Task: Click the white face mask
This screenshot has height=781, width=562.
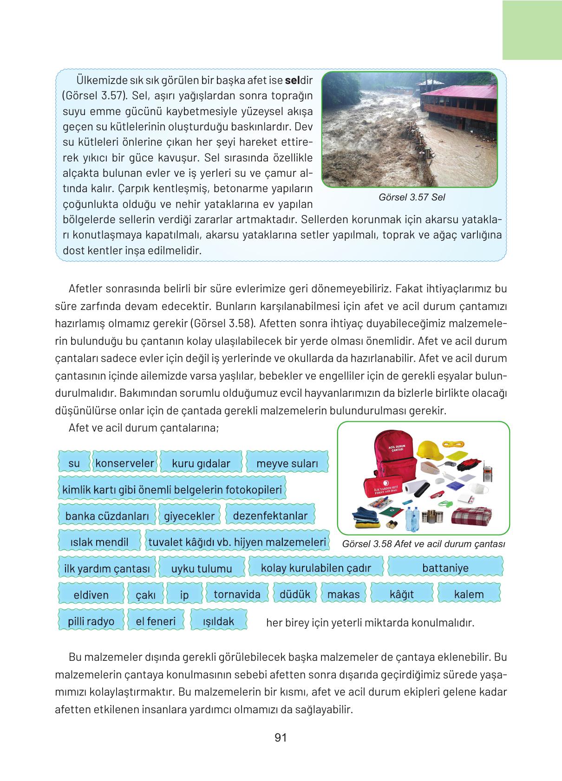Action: (480, 489)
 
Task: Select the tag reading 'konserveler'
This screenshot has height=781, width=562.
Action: (124, 463)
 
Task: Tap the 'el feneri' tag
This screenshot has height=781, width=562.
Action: (156, 621)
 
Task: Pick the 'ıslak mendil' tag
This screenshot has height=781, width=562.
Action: (99, 542)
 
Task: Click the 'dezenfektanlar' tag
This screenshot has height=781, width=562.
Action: (270, 516)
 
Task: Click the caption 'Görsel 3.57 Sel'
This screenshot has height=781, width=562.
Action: (412, 197)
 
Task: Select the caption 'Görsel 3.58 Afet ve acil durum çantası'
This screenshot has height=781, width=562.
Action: (423, 544)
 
